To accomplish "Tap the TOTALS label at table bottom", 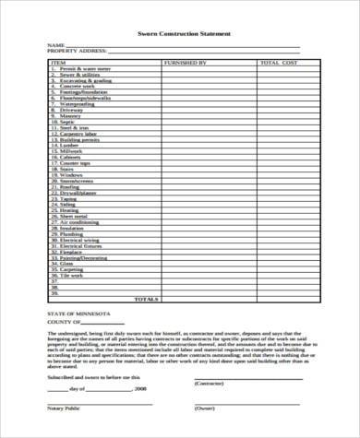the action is [145, 299].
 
